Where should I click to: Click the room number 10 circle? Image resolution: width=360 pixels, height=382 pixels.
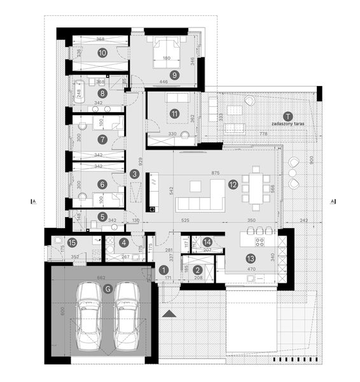[102, 53]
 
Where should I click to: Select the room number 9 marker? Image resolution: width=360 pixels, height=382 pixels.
[174, 74]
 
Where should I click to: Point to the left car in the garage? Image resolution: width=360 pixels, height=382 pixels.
[88, 316]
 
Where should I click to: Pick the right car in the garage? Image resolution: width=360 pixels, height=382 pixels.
[128, 316]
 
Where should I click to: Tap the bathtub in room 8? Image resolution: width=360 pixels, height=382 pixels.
[80, 93]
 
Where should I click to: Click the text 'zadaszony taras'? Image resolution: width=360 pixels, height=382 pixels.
[287, 124]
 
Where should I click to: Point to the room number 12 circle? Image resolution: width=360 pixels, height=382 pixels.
[233, 185]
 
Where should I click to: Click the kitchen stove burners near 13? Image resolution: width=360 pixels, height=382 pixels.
[260, 241]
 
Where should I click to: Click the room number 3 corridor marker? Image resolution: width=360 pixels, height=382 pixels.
[134, 173]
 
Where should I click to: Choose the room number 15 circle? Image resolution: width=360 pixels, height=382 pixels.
[72, 243]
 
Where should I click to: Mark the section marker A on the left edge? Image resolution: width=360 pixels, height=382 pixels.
[33, 201]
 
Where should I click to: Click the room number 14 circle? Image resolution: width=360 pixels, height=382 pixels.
[207, 242]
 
